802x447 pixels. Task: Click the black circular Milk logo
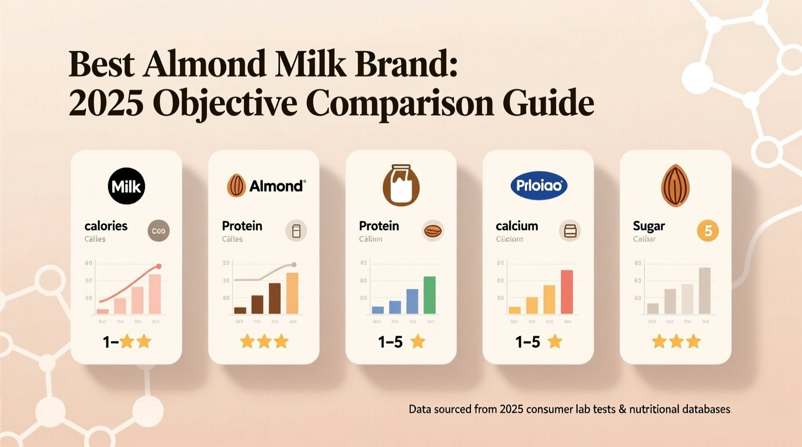pyautogui.click(x=126, y=186)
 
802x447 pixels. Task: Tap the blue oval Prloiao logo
pyautogui.click(x=539, y=186)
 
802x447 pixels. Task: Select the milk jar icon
pyautogui.click(x=401, y=185)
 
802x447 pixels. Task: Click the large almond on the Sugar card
pyautogui.click(x=675, y=186)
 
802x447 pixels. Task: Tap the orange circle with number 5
pyautogui.click(x=708, y=231)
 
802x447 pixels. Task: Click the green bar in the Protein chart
pyautogui.click(x=430, y=295)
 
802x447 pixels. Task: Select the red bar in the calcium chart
pyautogui.click(x=566, y=292)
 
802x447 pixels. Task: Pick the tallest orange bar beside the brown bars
pyautogui.click(x=292, y=293)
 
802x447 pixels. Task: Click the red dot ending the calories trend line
pyautogui.click(x=159, y=266)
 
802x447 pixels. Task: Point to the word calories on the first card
pyautogui.click(x=106, y=226)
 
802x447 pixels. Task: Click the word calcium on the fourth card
pyautogui.click(x=517, y=226)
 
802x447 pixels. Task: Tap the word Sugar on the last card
pyautogui.click(x=649, y=226)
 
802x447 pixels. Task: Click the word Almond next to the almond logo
pyautogui.click(x=276, y=186)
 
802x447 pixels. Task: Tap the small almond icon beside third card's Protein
pyautogui.click(x=433, y=231)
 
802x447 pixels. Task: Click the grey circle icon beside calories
pyautogui.click(x=158, y=231)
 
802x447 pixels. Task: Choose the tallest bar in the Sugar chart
pyautogui.click(x=705, y=291)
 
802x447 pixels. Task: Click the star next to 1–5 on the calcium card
pyautogui.click(x=555, y=342)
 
